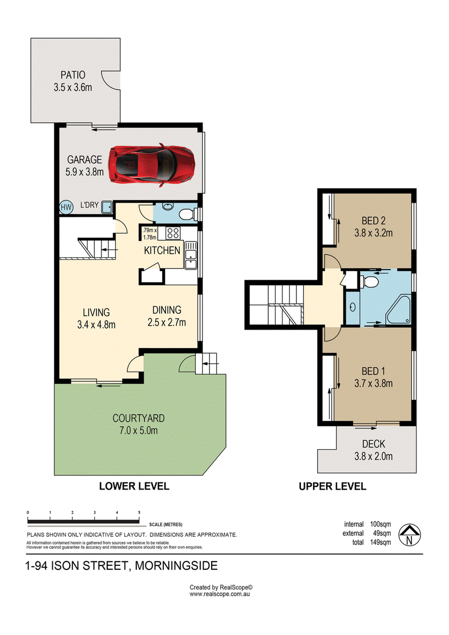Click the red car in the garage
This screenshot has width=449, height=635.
152,165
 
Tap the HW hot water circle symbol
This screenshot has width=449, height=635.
66,207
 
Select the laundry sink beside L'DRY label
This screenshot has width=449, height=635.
107,207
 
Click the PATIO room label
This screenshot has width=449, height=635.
73,75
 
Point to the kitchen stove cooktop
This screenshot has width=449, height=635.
173,233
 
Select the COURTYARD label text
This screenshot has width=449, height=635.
139,418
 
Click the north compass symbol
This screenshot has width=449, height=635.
409,535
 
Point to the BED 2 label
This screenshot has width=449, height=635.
373,221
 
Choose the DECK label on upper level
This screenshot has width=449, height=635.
374,444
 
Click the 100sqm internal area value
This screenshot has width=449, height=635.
381,524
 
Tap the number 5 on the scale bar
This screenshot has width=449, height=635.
139,513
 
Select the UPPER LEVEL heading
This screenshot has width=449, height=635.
332,486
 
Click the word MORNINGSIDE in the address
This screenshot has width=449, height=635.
176,566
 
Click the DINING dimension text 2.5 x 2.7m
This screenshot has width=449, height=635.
167,322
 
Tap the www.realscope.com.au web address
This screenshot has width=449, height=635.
219,594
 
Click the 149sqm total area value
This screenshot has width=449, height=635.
381,542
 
